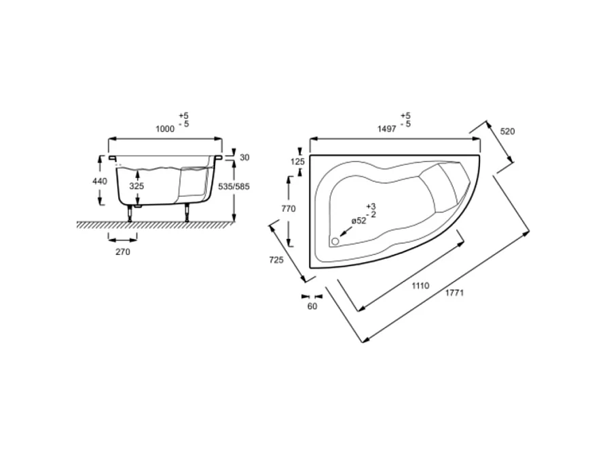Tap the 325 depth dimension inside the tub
[136, 185]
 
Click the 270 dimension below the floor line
[122, 251]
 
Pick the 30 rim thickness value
[245, 158]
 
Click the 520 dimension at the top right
[507, 131]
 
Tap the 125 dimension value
[297, 162]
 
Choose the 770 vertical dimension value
[288, 209]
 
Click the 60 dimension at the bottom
[312, 306]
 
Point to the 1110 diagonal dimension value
[420, 287]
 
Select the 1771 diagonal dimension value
[455, 293]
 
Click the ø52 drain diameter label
[358, 221]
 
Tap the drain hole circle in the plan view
[334, 240]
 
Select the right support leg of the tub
[185, 214]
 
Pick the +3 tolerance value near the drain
[370, 206]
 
